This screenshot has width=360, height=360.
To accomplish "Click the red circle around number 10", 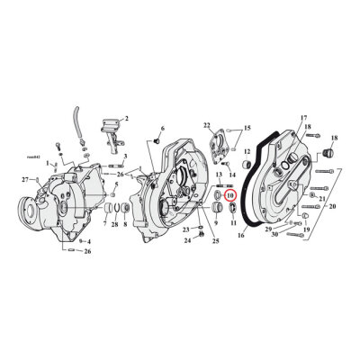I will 229,193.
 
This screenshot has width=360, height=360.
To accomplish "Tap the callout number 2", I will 126,118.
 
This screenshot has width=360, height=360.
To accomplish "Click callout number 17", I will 278,118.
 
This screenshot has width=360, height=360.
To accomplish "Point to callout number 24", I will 186,240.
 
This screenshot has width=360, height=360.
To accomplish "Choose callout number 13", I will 219,176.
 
